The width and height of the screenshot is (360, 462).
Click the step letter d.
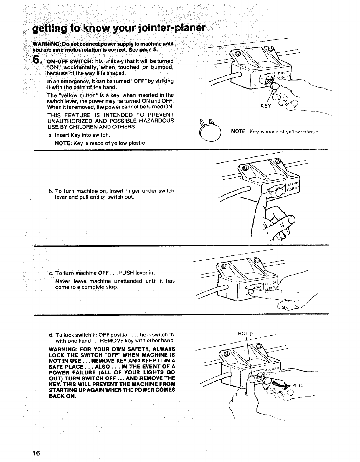click(x=51, y=335)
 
